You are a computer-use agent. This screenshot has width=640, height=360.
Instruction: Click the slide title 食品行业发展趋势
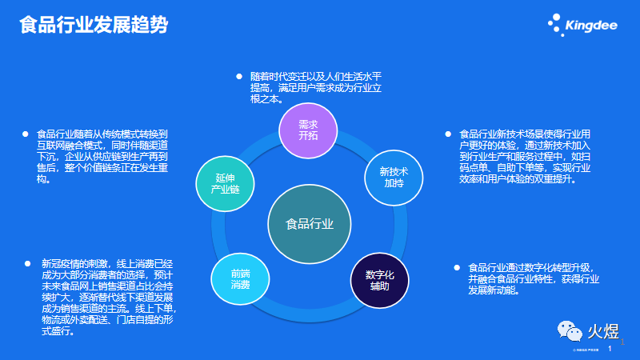coord(94,25)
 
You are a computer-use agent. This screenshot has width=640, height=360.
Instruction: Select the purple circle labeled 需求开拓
coord(308,130)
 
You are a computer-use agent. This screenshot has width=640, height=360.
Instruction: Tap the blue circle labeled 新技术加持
coord(394,178)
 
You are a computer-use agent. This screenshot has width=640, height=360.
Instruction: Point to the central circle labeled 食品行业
coord(310,223)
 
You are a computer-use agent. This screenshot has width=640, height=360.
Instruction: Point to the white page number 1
coord(611,350)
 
